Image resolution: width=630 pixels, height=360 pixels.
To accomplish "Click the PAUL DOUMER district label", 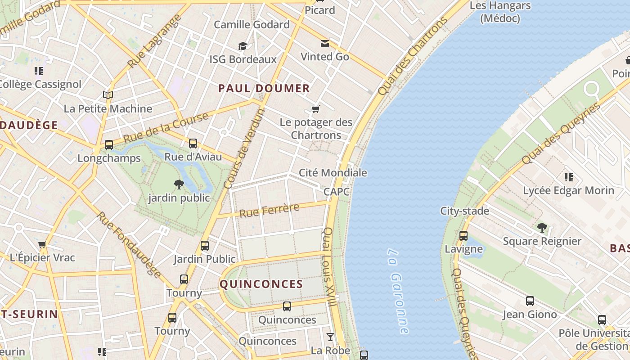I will (264, 88).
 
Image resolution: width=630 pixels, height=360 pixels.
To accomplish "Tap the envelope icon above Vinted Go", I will (324, 44).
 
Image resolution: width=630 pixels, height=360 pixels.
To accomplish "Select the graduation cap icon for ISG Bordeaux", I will (243, 46).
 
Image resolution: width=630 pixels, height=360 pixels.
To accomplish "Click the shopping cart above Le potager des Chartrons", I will (316, 109).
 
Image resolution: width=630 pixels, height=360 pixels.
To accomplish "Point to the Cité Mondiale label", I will (333, 173).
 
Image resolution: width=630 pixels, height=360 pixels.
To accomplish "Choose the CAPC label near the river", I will (337, 192).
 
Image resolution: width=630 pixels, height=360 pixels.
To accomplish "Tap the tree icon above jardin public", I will (179, 184).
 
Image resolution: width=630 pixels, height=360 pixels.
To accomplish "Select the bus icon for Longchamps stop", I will (109, 145).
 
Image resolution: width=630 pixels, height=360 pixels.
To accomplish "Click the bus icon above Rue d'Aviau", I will (193, 144).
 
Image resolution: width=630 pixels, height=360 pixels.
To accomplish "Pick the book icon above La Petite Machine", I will (108, 95).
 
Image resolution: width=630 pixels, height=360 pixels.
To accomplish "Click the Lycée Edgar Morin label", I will (568, 190).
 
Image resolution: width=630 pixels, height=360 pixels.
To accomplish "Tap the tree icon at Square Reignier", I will (542, 228).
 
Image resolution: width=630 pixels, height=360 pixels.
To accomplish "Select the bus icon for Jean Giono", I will (530, 301).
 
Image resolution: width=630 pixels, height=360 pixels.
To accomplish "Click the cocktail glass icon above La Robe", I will (330, 337).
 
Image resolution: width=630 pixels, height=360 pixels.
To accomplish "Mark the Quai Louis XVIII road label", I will (329, 267).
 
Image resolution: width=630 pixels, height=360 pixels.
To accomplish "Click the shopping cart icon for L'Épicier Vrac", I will (42, 245).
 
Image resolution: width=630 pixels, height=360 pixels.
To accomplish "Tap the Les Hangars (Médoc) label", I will (500, 12).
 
